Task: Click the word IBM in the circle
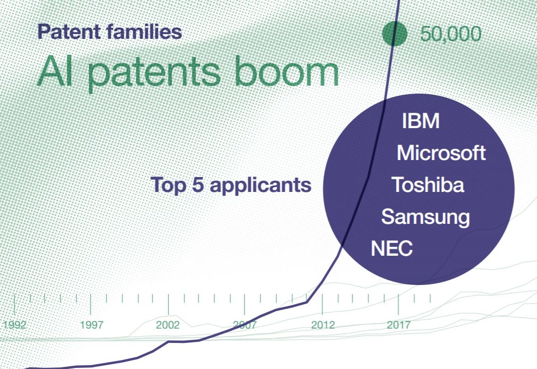[421, 121]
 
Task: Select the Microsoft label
[441, 153]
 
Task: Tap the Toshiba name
[428, 184]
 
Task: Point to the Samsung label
[425, 217]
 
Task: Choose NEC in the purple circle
[392, 248]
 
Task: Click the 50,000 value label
[451, 34]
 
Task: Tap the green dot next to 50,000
[395, 33]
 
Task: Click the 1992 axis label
[14, 324]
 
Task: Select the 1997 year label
[91, 324]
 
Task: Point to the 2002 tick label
[168, 324]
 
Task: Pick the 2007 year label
[245, 324]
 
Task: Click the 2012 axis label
[323, 324]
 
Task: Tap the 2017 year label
[399, 324]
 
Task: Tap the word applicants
[261, 186]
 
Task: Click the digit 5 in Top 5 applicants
[198, 185]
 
